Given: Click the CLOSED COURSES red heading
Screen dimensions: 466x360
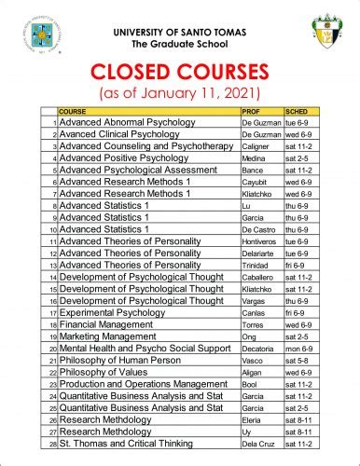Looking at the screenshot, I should click(181, 74).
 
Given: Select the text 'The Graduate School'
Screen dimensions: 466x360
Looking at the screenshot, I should click(179, 44).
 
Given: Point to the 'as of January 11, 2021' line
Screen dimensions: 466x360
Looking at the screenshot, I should click(181, 94).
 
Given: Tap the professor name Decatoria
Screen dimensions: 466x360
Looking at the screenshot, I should click(258, 349).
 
